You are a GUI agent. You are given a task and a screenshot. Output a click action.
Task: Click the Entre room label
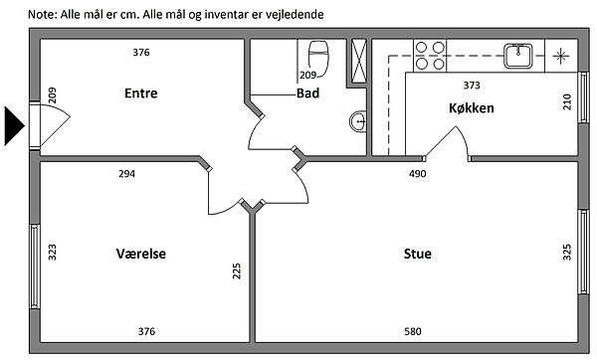pos(141,93)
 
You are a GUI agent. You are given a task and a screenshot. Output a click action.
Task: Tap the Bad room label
pos(307,93)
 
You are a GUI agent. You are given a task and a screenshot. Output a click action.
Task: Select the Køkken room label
pos(472,108)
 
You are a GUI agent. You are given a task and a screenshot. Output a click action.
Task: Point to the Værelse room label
pos(141,254)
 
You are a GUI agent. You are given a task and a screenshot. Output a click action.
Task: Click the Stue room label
pos(418,254)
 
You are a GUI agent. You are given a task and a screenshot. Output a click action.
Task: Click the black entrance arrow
pos(15,126)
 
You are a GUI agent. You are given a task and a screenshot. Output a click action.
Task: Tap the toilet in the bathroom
pos(318,58)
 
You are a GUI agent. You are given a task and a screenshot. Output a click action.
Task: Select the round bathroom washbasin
pos(358,121)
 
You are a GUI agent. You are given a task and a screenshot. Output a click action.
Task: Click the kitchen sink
pos(518,56)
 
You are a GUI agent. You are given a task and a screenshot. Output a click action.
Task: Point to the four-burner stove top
pos(430,56)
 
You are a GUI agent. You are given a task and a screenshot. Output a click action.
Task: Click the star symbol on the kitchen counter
pos(560,57)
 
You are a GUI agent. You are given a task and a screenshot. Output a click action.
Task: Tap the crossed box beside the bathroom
pos(358,61)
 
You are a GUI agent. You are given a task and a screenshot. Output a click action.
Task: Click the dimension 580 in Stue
pos(413,331)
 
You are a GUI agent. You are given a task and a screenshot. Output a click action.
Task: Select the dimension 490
pos(417,174)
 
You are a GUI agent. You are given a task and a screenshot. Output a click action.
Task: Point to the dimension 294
pos(126,174)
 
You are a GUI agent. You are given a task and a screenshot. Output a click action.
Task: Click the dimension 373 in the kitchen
pos(472,86)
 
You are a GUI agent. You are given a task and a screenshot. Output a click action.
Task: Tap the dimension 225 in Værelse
pos(237,270)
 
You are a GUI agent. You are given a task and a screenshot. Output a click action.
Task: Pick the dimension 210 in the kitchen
pos(567,102)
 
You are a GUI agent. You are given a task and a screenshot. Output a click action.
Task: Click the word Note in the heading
pos(42,15)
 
